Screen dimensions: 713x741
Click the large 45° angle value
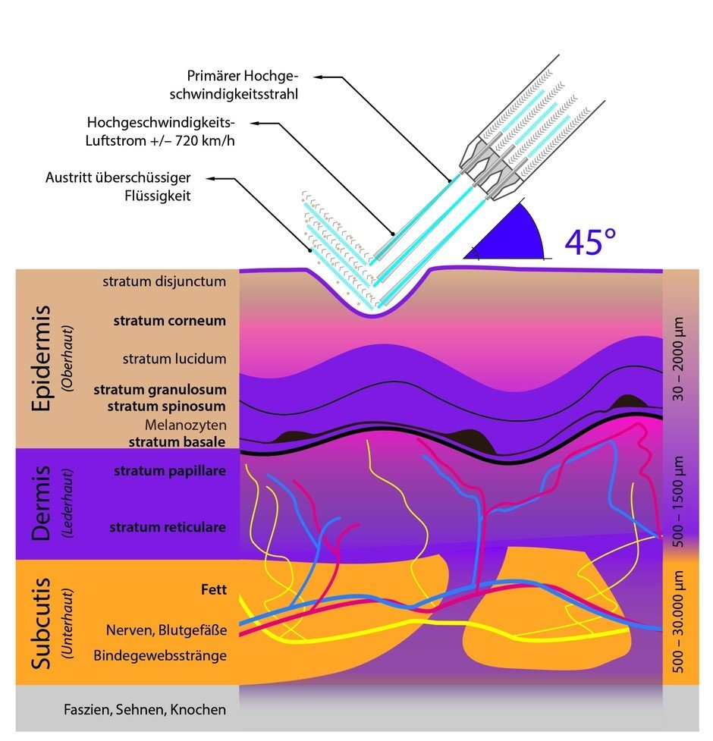tap(590, 242)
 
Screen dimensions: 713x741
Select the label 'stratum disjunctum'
tap(165, 281)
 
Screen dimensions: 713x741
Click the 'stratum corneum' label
tap(170, 321)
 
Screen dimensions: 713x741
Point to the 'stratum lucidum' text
tap(174, 359)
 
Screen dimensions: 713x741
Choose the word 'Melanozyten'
tap(186, 425)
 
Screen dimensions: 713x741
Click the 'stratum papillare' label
tap(170, 471)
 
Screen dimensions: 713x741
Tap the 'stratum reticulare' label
tap(168, 527)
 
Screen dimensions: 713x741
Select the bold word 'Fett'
tap(214, 590)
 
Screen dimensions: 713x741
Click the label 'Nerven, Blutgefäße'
tap(166, 630)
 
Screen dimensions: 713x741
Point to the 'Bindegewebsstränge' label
tap(160, 656)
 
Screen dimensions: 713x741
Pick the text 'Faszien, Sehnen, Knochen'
tap(145, 710)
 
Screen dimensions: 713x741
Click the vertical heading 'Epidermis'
tap(41, 358)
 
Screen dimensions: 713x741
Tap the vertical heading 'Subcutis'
tap(41, 623)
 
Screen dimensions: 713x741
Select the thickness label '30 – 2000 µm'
tap(678, 359)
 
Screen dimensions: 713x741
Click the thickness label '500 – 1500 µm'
tap(678, 501)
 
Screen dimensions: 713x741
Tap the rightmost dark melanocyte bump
tap(628, 402)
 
